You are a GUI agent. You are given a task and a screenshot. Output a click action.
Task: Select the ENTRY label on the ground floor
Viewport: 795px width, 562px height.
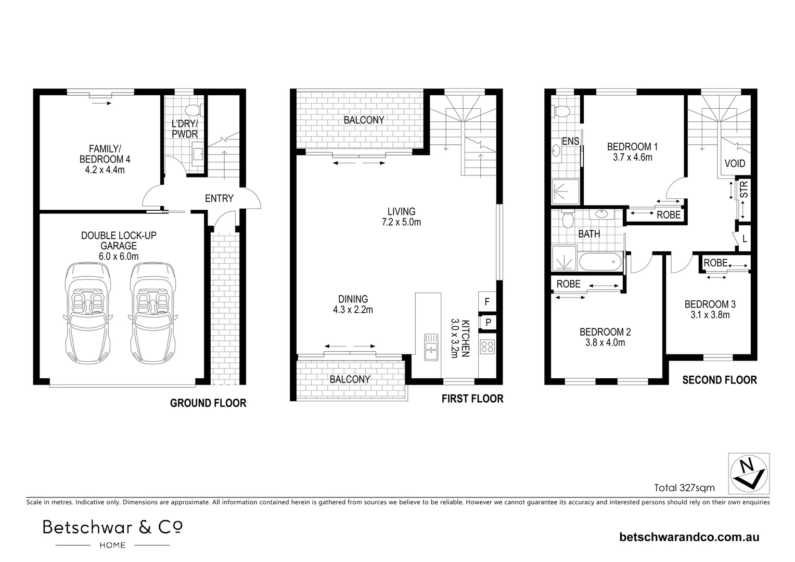point(219,198)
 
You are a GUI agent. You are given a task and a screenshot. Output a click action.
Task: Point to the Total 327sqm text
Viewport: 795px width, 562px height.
point(684,488)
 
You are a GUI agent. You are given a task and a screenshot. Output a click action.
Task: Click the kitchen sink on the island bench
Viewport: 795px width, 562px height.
point(431,347)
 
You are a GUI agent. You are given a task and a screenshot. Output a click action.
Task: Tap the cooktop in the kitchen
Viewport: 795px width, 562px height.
point(488,347)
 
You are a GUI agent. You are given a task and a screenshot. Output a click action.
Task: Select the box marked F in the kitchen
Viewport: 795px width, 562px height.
point(487,301)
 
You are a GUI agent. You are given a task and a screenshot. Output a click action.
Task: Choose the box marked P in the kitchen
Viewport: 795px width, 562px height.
point(488,323)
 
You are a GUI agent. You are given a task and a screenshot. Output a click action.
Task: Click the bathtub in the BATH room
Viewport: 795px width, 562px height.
point(600,261)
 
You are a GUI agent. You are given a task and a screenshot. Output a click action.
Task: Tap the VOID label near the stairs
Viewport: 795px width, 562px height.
point(735,163)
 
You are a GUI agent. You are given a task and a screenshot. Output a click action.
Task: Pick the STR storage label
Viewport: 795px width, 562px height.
point(744,189)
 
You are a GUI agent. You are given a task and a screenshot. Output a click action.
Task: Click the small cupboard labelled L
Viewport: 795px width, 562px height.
point(745,239)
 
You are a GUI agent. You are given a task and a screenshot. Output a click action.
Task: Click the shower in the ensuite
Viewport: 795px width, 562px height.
point(561,191)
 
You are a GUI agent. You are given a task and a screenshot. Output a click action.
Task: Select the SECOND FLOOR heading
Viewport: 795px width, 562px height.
point(719,380)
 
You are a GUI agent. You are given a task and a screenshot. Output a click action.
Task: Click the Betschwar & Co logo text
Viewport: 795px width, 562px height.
point(112,527)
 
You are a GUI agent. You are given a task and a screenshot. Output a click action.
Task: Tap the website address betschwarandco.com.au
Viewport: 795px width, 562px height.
point(689,537)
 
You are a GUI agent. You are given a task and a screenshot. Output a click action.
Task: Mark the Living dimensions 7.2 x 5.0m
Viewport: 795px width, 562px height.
point(401,222)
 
